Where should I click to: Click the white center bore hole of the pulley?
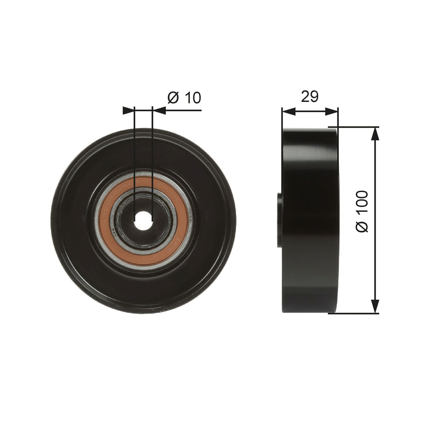143,221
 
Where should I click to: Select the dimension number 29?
309,97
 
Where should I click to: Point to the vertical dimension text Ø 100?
363,211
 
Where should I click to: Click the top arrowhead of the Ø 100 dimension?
375,133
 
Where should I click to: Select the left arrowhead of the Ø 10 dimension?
128,110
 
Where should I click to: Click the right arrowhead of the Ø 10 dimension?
159,110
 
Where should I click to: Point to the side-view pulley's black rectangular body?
310,220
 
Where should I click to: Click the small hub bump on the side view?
280,221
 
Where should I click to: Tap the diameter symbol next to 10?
173,98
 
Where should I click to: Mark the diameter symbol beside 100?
363,225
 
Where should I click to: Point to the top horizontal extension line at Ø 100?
355,127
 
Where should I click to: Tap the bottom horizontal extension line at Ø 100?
355,313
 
